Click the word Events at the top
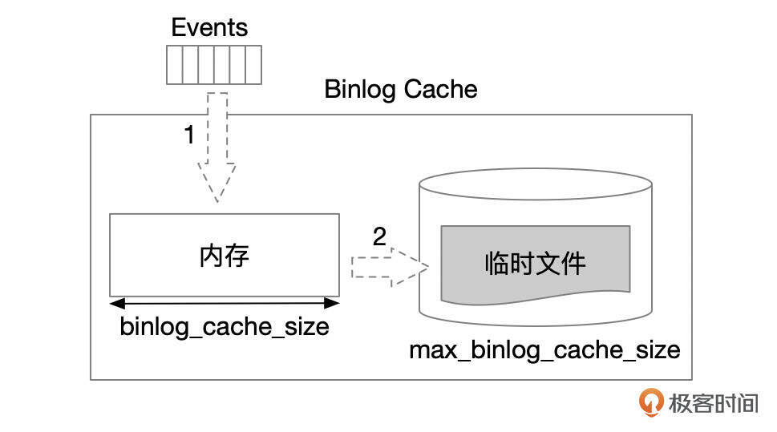[209, 27]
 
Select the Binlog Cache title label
[400, 89]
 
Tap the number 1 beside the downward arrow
[189, 135]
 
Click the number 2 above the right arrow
[379, 236]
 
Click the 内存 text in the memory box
[225, 256]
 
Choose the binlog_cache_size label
[225, 327]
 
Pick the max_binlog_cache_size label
[544, 350]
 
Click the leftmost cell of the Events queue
[174, 65]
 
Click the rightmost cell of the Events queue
[253, 65]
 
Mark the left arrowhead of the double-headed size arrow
[116, 303]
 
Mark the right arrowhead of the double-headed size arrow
[333, 303]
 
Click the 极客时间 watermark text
[713, 402]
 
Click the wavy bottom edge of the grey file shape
[535, 301]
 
